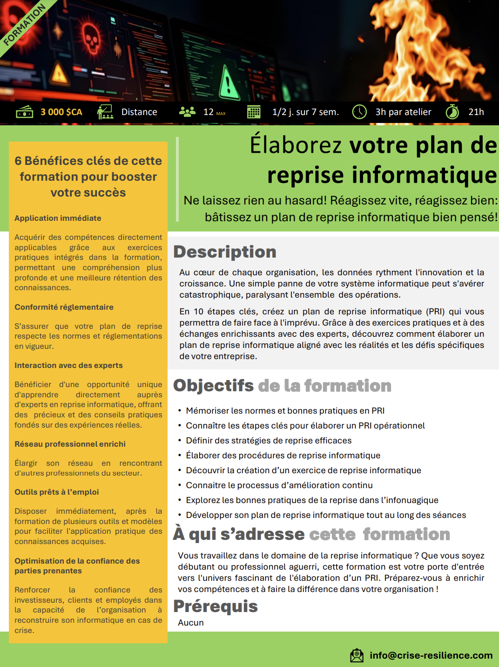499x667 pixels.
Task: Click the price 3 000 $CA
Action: coord(61,112)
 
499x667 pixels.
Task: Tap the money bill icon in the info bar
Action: coord(24,112)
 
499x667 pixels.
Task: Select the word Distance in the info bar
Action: coord(139,112)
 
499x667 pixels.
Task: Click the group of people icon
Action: coord(187,112)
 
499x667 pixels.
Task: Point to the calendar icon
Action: coord(254,112)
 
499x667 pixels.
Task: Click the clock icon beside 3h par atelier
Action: coord(359,112)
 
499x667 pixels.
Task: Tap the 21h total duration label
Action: coord(476,112)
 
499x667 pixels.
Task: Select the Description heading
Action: coord(225,252)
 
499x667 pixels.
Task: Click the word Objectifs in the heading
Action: coord(213,386)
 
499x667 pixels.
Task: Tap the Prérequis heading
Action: coord(216,606)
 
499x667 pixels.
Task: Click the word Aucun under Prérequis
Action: coord(191,623)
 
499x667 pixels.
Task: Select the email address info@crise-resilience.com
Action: coord(431,655)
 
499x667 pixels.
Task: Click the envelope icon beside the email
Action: coord(357,655)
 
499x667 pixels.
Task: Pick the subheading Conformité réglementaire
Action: coord(64,307)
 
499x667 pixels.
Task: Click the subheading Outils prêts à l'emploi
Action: coord(56,492)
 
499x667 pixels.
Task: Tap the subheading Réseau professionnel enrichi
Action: coord(70,444)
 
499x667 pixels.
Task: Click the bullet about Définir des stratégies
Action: coord(269,441)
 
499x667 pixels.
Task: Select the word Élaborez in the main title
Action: coord(296,145)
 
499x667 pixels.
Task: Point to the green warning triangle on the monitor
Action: coord(228,83)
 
